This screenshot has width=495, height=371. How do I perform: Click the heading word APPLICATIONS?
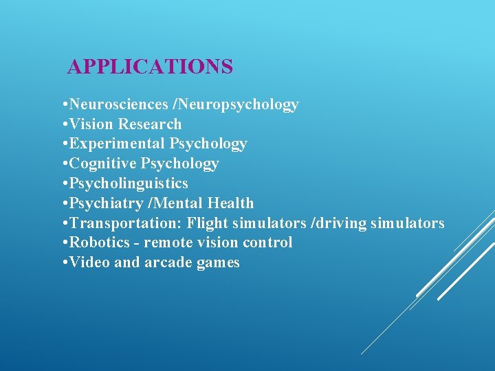[150, 67]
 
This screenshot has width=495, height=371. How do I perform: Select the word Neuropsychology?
[238, 104]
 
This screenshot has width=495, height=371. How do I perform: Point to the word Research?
[150, 124]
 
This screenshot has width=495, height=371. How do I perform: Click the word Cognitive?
[103, 164]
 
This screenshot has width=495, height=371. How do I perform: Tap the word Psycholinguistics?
[129, 183]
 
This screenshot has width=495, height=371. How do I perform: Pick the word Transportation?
[125, 223]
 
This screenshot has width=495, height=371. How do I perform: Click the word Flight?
[208, 223]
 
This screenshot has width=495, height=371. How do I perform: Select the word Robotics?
[98, 243]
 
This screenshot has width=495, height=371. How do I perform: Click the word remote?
[169, 243]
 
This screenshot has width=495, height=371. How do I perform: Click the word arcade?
[165, 262]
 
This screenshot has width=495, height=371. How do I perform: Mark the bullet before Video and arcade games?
[63, 262]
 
